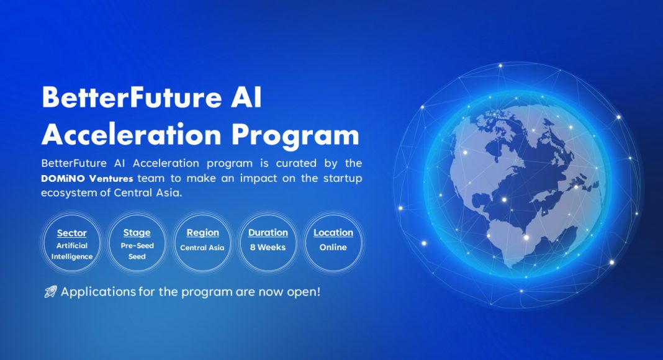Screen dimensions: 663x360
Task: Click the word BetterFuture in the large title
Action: click(132, 97)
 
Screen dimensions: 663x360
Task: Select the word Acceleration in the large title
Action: click(132, 135)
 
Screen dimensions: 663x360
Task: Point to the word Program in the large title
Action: click(295, 137)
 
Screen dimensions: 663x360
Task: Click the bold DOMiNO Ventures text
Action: click(87, 178)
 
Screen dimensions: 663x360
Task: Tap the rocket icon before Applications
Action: click(51, 292)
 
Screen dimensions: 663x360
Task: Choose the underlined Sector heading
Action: click(72, 233)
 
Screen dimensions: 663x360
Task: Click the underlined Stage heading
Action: click(137, 233)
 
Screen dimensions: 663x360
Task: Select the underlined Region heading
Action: click(203, 233)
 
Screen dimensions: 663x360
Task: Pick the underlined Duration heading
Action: click(268, 233)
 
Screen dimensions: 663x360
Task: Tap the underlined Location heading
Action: click(333, 233)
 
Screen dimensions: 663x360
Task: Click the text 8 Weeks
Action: click(268, 247)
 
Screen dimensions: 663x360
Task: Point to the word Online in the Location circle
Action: click(333, 247)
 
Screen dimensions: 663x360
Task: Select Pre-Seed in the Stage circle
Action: click(137, 246)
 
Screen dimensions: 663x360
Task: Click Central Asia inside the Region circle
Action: click(202, 248)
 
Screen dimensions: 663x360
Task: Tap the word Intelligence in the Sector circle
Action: click(72, 256)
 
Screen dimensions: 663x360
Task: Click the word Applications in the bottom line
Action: click(99, 292)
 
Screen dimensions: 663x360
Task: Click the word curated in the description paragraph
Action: click(296, 163)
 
